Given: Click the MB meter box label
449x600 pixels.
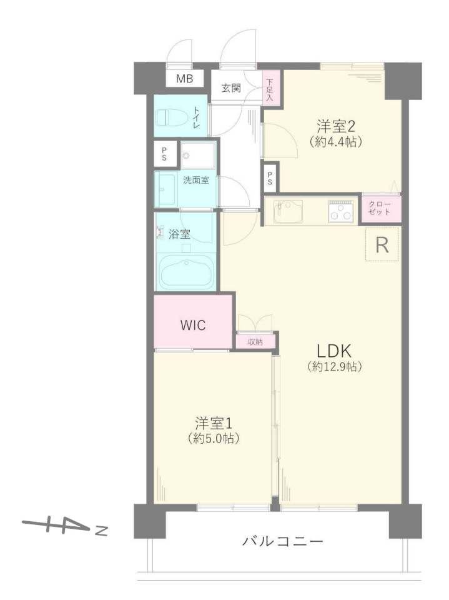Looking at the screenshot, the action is (x=184, y=79).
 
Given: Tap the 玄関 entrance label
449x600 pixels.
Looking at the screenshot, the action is (x=231, y=88).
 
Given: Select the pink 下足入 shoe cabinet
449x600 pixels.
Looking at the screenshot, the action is (x=271, y=87).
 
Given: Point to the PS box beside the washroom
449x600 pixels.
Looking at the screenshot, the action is (x=165, y=154).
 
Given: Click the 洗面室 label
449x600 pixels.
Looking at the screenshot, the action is (x=196, y=180).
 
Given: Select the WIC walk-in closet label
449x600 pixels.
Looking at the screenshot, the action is (x=193, y=326).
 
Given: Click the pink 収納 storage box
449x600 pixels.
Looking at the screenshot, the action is (x=255, y=342).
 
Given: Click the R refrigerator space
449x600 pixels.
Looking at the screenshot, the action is (x=382, y=244).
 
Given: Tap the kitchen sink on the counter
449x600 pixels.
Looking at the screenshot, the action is (x=288, y=212).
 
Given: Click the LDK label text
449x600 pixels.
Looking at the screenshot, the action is (x=334, y=351).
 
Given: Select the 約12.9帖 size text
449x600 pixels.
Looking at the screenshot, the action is (x=334, y=367).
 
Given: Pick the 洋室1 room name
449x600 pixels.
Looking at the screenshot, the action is (x=214, y=423).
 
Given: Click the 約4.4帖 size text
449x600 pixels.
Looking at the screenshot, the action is (x=336, y=142).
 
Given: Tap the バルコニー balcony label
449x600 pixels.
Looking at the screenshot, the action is (x=283, y=541).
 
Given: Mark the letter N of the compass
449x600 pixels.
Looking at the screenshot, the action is (x=101, y=531).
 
